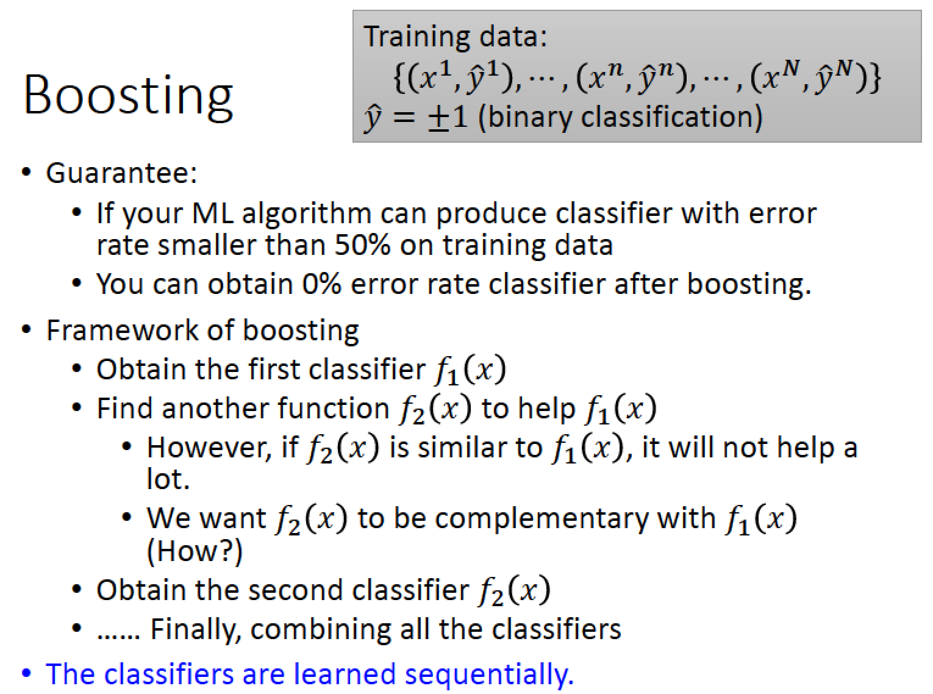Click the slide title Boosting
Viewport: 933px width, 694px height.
tap(128, 96)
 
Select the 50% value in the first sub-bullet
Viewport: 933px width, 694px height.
tap(362, 245)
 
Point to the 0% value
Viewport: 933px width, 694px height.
tap(321, 284)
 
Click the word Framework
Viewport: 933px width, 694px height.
tap(122, 330)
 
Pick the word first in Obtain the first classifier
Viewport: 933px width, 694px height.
tap(274, 370)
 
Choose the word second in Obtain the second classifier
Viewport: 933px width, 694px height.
tap(296, 590)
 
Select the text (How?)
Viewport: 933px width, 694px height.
tap(195, 551)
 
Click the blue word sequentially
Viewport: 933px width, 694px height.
tap(486, 674)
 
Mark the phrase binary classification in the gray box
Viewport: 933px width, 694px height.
tap(620, 117)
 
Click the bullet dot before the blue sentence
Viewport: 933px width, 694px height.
tap(26, 673)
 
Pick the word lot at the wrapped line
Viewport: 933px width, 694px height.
tap(168, 479)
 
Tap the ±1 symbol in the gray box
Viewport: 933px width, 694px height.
tap(448, 117)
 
